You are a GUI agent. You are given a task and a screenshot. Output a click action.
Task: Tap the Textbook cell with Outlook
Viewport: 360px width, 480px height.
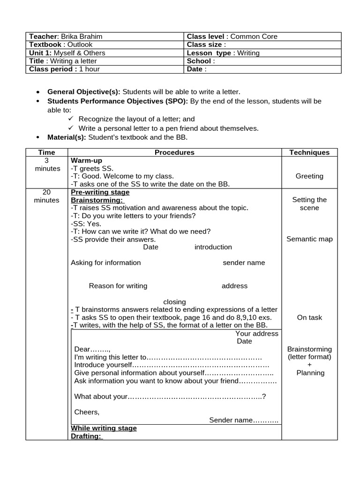61,45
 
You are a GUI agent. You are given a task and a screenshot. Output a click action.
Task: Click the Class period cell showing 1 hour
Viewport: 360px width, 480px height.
64,69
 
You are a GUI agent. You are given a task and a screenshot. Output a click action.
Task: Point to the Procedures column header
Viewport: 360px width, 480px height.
174,152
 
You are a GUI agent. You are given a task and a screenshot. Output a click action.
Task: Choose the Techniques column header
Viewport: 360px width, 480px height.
309,152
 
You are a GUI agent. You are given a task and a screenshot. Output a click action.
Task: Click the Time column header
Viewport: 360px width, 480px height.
47,152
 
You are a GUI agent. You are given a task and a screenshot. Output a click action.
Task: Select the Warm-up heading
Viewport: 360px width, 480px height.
86,160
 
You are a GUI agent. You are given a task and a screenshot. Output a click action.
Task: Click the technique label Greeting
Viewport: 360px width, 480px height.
309,176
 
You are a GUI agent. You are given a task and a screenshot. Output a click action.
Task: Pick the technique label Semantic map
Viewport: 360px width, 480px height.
309,239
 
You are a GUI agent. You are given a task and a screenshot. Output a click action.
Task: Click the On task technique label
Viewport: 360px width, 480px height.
309,317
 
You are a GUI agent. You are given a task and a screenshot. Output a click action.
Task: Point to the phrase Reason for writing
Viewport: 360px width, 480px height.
118,286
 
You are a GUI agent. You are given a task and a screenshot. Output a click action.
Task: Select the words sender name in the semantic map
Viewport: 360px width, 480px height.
244,262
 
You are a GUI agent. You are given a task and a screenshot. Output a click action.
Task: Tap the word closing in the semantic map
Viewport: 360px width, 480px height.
174,302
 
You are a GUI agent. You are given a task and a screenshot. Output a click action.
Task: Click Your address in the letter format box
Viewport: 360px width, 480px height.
256,334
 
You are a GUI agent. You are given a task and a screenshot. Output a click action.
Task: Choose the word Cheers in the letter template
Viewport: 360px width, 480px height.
87,412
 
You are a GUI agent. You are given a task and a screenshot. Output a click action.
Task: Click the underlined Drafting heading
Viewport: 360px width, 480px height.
86,436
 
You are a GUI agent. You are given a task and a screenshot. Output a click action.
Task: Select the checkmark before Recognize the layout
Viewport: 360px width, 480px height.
71,119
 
